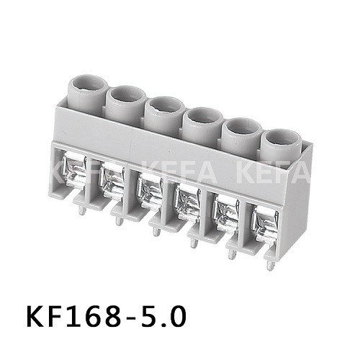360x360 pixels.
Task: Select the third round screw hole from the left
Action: tap(165, 106)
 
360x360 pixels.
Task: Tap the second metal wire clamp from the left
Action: tap(113, 184)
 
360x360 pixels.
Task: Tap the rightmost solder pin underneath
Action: tap(269, 264)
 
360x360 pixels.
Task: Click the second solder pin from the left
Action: tap(118, 220)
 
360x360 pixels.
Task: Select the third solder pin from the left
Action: tap(156, 231)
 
